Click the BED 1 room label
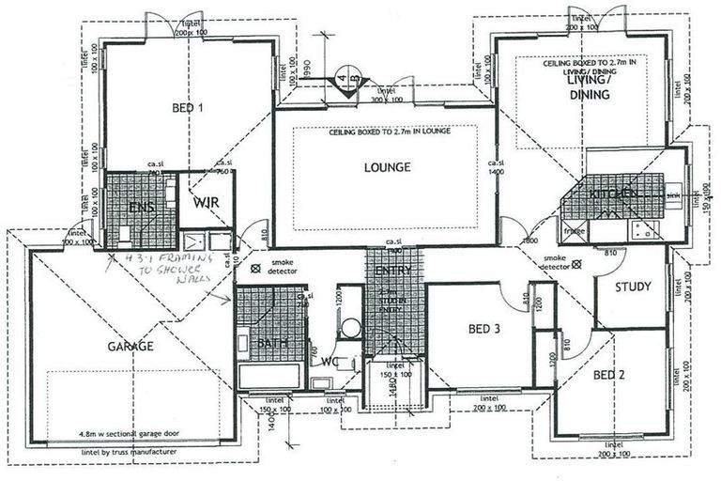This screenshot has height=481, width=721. pyautogui.click(x=188, y=108)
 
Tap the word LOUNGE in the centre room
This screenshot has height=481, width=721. pyautogui.click(x=387, y=168)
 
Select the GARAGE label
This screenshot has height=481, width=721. pyautogui.click(x=130, y=346)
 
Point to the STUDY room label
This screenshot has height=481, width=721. pyautogui.click(x=633, y=287)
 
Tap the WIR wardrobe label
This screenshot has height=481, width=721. pyautogui.click(x=206, y=202)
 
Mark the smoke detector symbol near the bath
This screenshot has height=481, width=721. pyautogui.click(x=255, y=268)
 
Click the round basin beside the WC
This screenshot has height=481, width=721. pyautogui.click(x=349, y=328)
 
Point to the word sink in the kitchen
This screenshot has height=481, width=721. pyautogui.click(x=672, y=197)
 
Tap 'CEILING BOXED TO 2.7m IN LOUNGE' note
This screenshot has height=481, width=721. pyautogui.click(x=388, y=132)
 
